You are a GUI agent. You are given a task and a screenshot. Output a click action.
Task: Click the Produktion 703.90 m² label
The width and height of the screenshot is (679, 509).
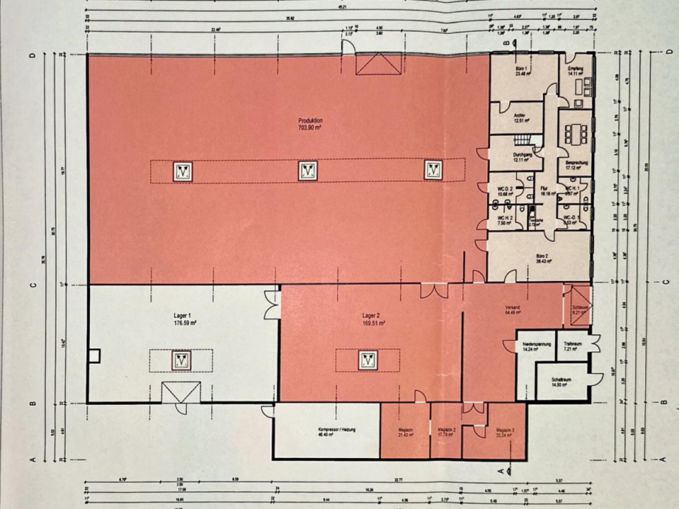click(x=310, y=123)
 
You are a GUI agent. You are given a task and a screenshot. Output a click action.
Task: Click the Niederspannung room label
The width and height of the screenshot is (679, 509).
click(x=538, y=347)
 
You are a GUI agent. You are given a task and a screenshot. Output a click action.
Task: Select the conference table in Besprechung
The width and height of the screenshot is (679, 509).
click(x=575, y=134)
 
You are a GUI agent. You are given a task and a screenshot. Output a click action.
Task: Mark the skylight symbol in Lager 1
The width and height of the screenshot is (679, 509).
click(x=182, y=361)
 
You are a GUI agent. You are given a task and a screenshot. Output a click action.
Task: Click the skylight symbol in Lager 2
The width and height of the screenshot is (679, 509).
click(x=368, y=360)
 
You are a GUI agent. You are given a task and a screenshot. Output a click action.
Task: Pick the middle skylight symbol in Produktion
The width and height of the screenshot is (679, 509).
click(x=308, y=171)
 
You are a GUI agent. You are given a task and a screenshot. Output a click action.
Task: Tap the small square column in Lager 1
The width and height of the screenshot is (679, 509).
click(x=94, y=356)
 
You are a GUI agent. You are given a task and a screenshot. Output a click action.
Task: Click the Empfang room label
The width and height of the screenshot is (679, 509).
click(x=576, y=71)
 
